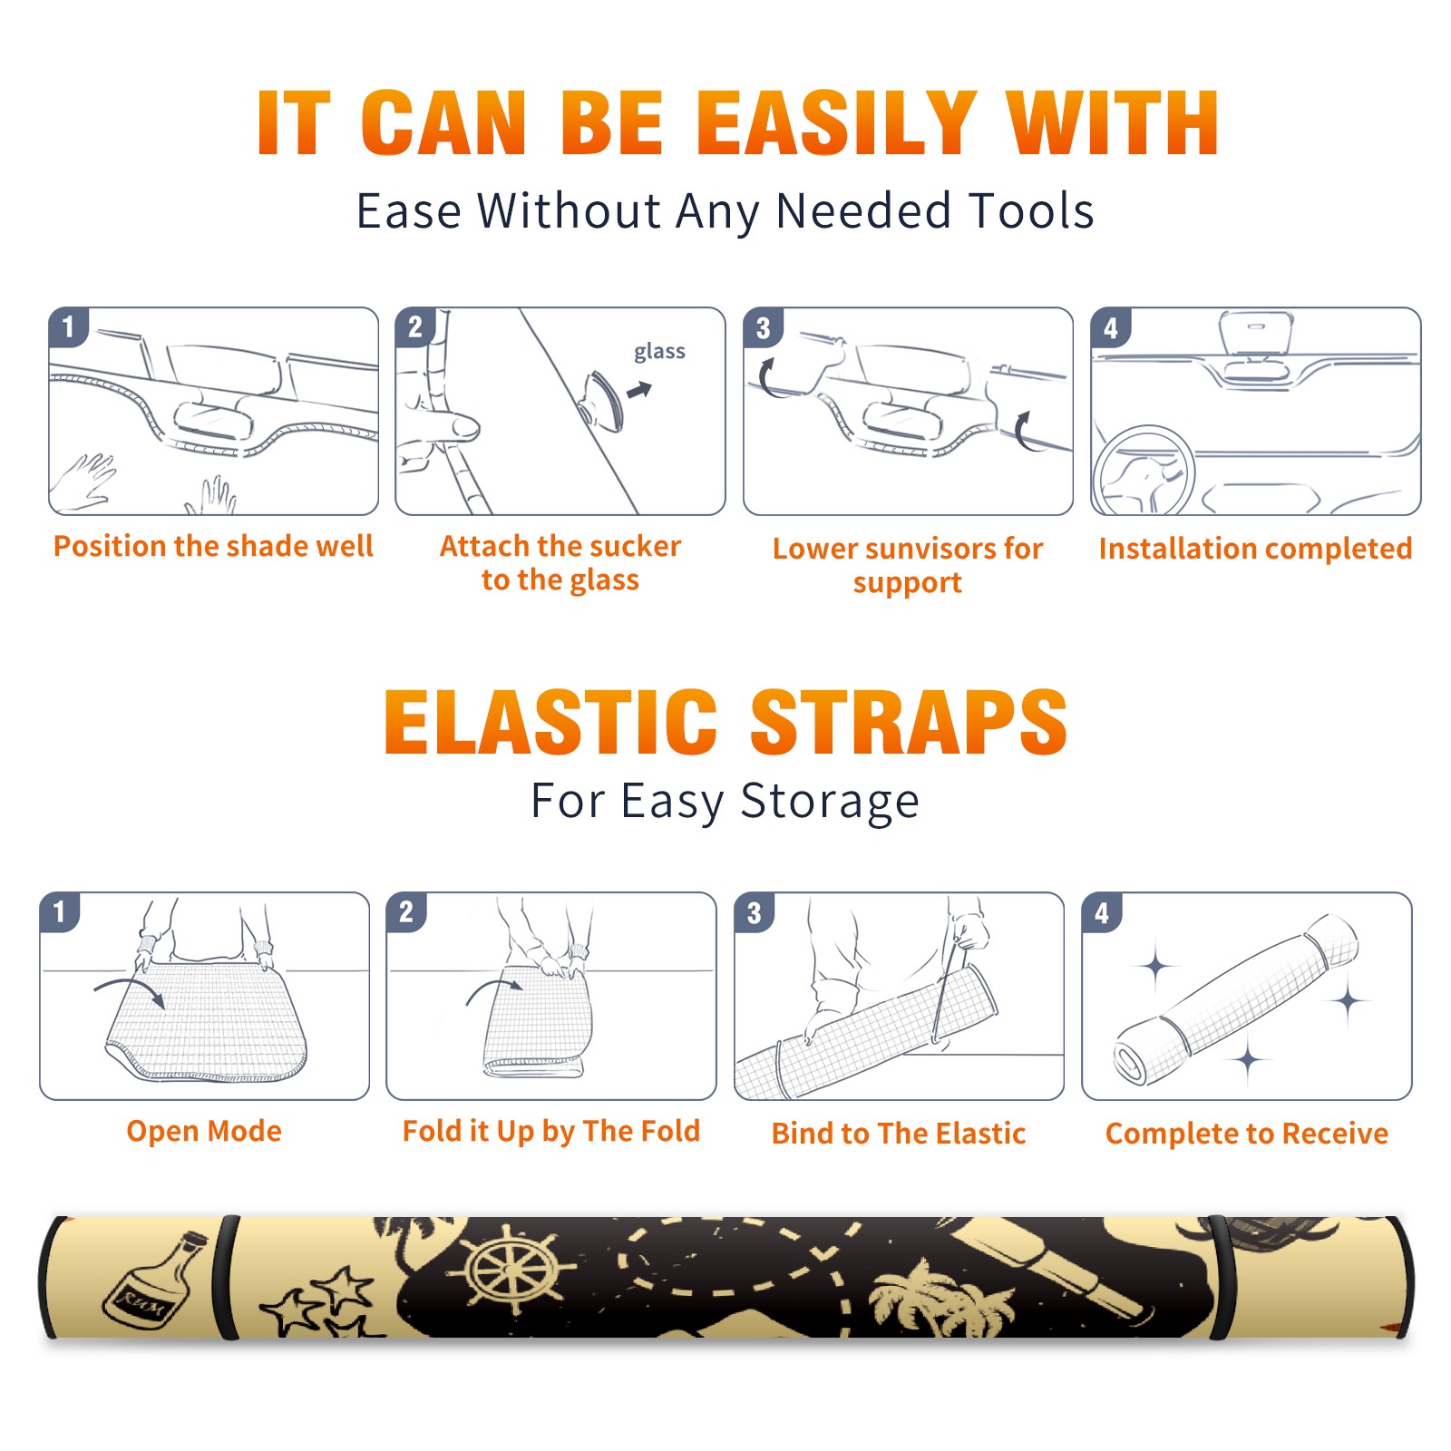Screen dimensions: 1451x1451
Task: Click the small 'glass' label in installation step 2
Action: [659, 352]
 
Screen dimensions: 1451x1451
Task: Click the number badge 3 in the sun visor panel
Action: [763, 327]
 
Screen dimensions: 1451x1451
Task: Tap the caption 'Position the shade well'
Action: [213, 546]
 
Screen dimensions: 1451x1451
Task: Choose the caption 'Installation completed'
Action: [1255, 548]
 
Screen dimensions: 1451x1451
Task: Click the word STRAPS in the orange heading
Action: [909, 722]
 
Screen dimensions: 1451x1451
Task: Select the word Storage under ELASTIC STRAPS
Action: [830, 802]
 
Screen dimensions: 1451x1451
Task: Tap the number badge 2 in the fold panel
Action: [406, 911]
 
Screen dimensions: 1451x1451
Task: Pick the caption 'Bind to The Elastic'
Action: [898, 1133]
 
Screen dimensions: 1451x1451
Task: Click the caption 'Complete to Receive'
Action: [1246, 1133]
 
